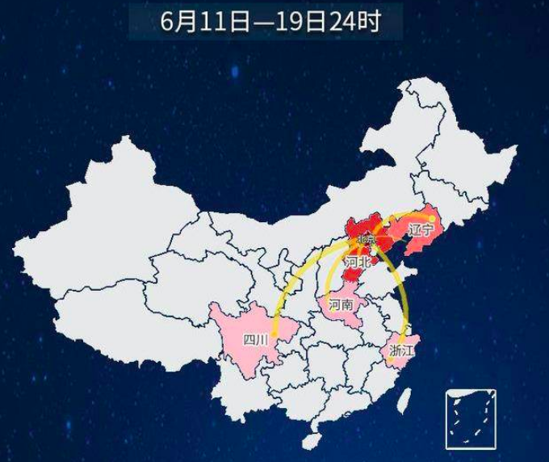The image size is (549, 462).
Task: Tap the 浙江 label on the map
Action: [400, 351]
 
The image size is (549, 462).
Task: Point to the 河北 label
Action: [357, 262]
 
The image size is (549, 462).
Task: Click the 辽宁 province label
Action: [421, 230]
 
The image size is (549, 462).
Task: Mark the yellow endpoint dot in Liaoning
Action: [433, 218]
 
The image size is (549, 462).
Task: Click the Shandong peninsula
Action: [388, 279]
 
